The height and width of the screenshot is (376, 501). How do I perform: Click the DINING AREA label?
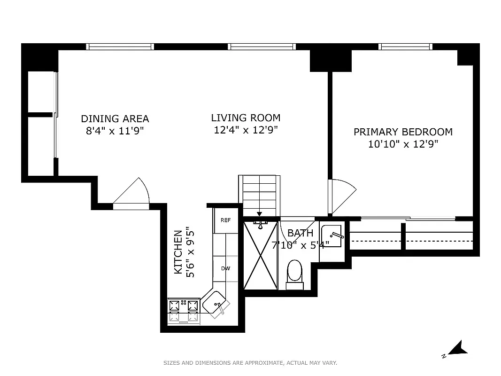tap(115, 118)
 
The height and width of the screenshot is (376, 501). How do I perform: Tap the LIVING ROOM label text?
tap(246, 117)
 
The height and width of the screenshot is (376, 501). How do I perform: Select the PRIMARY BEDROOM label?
tap(403, 132)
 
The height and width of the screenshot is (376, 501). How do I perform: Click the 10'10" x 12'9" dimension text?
tap(403, 144)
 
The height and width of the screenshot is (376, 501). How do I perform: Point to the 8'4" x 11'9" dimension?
tap(114, 131)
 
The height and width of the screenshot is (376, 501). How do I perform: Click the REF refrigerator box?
tap(226, 220)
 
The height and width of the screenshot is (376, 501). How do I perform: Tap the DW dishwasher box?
tap(226, 269)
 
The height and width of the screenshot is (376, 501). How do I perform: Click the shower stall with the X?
tap(260, 255)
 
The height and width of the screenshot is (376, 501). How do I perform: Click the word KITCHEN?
tap(178, 252)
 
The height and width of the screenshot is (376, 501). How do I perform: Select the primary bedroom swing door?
tap(341, 195)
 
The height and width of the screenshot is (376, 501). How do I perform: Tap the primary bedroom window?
tap(405, 47)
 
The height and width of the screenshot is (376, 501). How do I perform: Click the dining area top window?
tap(120, 47)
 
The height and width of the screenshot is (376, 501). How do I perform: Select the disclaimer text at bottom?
tap(250, 363)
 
